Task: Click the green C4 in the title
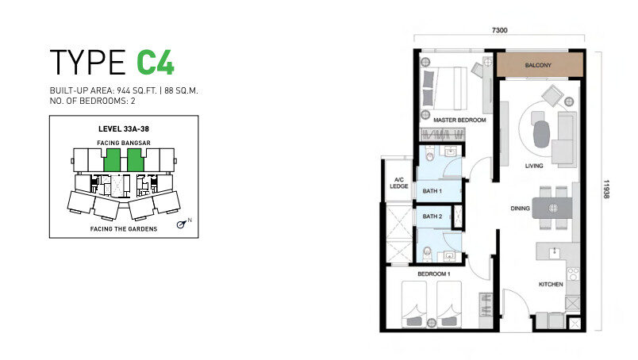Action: tap(156, 62)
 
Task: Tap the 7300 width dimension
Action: tap(500, 30)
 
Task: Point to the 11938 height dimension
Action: tap(606, 190)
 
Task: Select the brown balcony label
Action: tap(538, 65)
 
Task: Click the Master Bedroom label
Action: tap(459, 120)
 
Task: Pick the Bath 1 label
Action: tap(432, 191)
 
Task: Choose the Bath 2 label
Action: tap(432, 216)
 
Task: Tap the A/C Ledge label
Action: tap(398, 183)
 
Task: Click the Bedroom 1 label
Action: tap(434, 274)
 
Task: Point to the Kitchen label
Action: tap(551, 285)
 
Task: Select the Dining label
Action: tap(520, 209)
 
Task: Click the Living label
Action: tap(534, 166)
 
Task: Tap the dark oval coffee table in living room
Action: tap(541, 133)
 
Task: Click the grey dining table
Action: tap(552, 208)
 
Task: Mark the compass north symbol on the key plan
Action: tap(182, 224)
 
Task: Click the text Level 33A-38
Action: tap(124, 129)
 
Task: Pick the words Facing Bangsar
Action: tap(124, 143)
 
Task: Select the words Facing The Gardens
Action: tap(124, 229)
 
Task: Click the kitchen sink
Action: tap(553, 254)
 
